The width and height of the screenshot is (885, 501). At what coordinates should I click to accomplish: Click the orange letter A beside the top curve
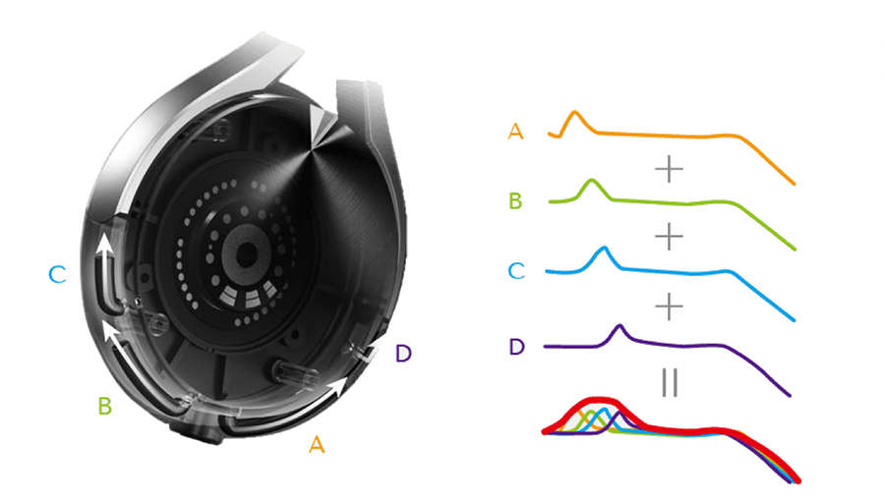515,131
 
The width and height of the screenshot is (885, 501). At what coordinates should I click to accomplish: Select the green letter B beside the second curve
514,202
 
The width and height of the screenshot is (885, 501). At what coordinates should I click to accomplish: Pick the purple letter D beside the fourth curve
516,346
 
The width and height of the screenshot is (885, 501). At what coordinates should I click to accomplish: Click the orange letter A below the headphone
317,445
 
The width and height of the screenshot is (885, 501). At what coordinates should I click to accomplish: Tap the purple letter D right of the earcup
402,354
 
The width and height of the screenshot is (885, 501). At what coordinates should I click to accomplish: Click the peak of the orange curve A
576,114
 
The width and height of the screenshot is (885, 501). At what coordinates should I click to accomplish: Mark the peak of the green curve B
592,181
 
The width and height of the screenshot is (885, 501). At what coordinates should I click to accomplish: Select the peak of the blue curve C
604,249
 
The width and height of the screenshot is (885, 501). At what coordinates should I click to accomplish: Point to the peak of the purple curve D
619,326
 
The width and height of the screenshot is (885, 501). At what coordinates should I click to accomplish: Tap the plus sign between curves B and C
669,237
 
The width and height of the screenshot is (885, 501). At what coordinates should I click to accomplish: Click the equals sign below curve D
670,383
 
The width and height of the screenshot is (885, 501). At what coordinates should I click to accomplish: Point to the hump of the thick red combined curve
594,402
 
